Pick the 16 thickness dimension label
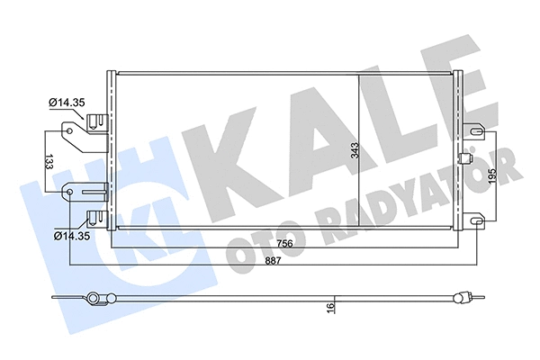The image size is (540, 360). point(330,308)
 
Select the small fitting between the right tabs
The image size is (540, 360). point(465,159)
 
